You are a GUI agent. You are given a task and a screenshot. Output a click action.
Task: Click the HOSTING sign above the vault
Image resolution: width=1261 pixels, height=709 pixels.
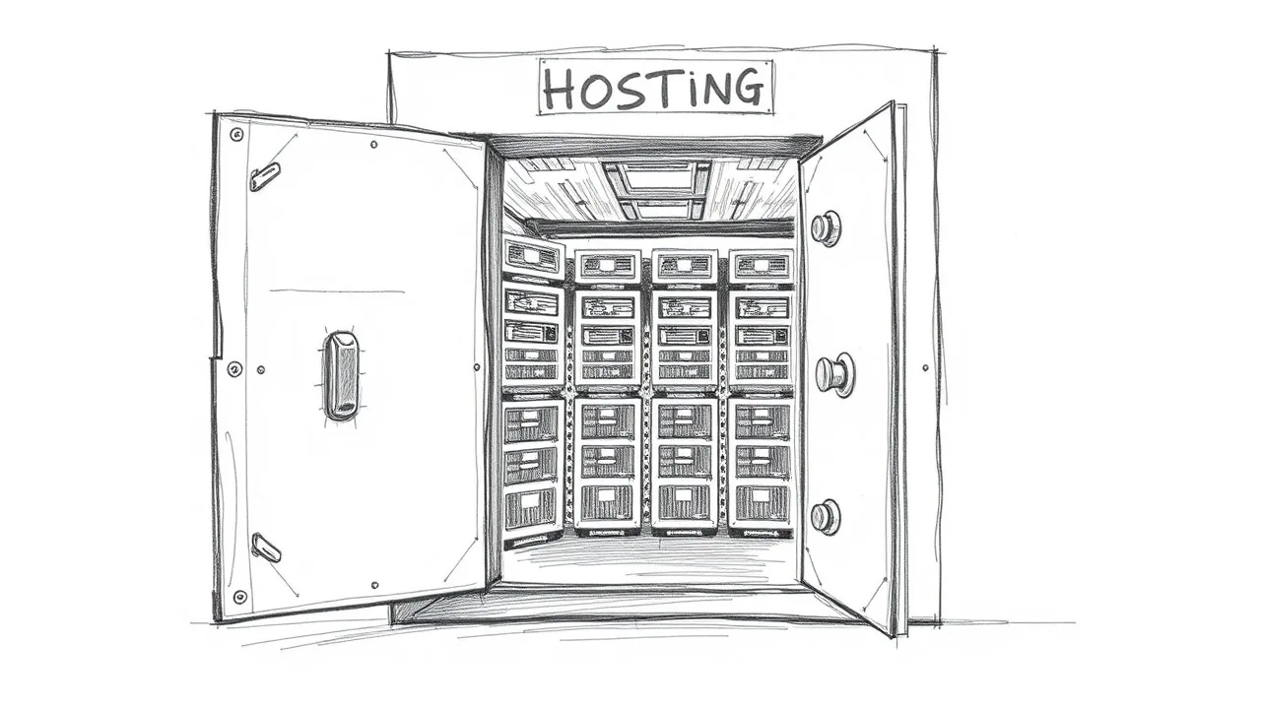click(x=656, y=88)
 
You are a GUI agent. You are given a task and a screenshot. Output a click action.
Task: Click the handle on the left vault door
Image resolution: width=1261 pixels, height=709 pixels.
click(x=341, y=375)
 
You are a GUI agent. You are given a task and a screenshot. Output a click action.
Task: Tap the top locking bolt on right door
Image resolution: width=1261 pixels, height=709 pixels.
click(x=826, y=228)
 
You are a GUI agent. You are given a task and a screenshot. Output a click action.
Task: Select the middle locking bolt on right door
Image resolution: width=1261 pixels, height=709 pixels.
click(x=833, y=374)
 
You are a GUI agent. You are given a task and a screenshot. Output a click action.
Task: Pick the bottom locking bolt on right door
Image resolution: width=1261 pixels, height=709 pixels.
click(x=826, y=517)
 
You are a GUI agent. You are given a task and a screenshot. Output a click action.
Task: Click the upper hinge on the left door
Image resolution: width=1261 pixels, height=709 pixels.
click(x=265, y=176)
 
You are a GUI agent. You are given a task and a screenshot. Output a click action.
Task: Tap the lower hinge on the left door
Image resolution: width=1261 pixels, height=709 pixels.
click(x=266, y=547)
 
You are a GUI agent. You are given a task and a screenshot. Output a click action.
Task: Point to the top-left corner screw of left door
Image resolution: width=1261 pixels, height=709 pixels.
click(x=237, y=135)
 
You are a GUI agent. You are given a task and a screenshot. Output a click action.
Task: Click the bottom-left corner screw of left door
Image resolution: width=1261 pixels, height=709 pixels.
click(x=239, y=597)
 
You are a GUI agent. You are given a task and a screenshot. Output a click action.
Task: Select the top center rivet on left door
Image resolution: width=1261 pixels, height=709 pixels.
click(x=373, y=145)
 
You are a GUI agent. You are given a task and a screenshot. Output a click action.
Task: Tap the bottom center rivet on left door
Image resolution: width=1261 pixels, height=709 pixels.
click(x=375, y=585)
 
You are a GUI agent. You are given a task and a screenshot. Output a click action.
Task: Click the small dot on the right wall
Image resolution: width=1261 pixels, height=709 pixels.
click(x=925, y=368)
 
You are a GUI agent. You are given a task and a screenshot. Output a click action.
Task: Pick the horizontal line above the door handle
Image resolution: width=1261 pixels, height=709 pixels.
click(x=337, y=291)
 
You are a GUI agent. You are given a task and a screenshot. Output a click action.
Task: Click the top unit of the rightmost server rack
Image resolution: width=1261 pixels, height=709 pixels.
click(x=762, y=265)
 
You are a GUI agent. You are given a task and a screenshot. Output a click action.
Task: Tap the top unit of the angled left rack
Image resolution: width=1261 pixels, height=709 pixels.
click(x=533, y=257)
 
